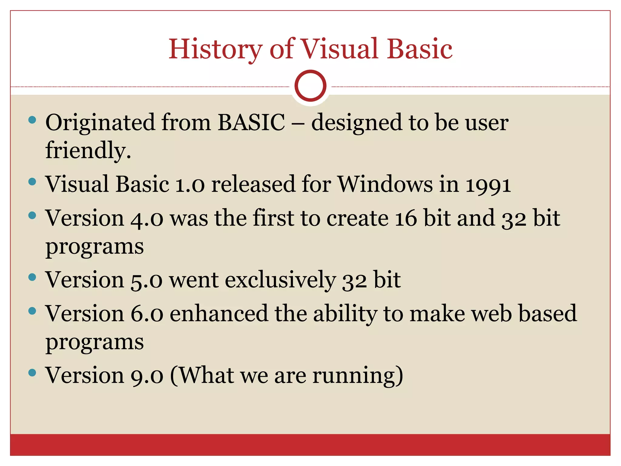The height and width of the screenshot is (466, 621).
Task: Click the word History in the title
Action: point(215,49)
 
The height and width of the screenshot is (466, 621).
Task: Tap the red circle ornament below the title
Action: point(310,86)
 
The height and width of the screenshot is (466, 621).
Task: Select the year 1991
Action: point(488,185)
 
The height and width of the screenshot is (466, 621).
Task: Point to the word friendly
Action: point(88,150)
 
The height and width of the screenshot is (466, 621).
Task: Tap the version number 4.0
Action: point(147,218)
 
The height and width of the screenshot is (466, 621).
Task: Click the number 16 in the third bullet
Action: point(406,218)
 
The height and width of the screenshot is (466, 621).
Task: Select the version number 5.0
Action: point(147,280)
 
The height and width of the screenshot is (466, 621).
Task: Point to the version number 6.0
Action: point(147,314)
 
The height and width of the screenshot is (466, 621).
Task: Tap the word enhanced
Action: point(219,314)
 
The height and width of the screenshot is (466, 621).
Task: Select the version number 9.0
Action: point(147,376)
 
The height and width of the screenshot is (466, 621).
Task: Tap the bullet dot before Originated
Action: point(32,120)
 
